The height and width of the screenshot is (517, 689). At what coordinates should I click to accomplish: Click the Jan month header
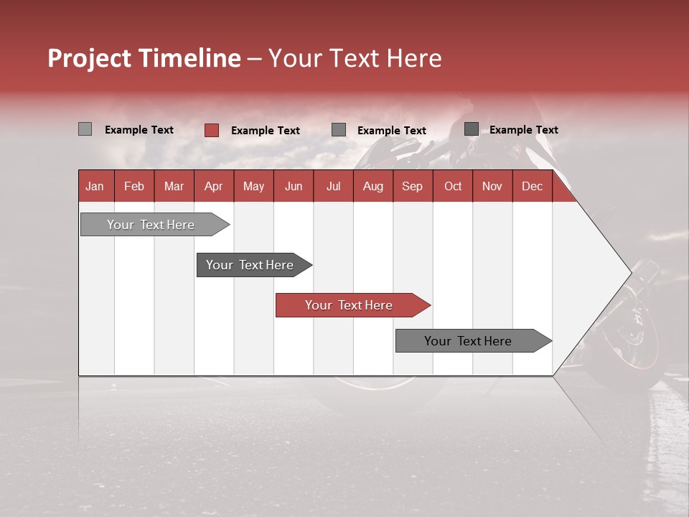click(95, 186)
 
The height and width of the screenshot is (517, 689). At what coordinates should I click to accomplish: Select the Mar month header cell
click(174, 186)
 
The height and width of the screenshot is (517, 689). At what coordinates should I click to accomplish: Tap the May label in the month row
click(253, 186)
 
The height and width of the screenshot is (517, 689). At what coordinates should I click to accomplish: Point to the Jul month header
click(333, 186)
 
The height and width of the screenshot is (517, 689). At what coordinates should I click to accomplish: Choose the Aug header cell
click(372, 186)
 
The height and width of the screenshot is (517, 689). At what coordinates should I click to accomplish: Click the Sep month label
click(412, 186)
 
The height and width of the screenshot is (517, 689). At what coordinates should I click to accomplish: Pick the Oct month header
click(453, 186)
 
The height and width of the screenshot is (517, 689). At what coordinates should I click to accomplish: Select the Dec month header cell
click(532, 186)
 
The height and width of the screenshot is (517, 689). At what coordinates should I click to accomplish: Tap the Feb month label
click(134, 186)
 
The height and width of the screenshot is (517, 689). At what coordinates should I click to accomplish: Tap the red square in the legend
click(212, 130)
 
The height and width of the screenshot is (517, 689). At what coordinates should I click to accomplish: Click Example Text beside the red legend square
click(266, 131)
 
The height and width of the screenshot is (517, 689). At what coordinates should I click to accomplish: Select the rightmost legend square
click(472, 129)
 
